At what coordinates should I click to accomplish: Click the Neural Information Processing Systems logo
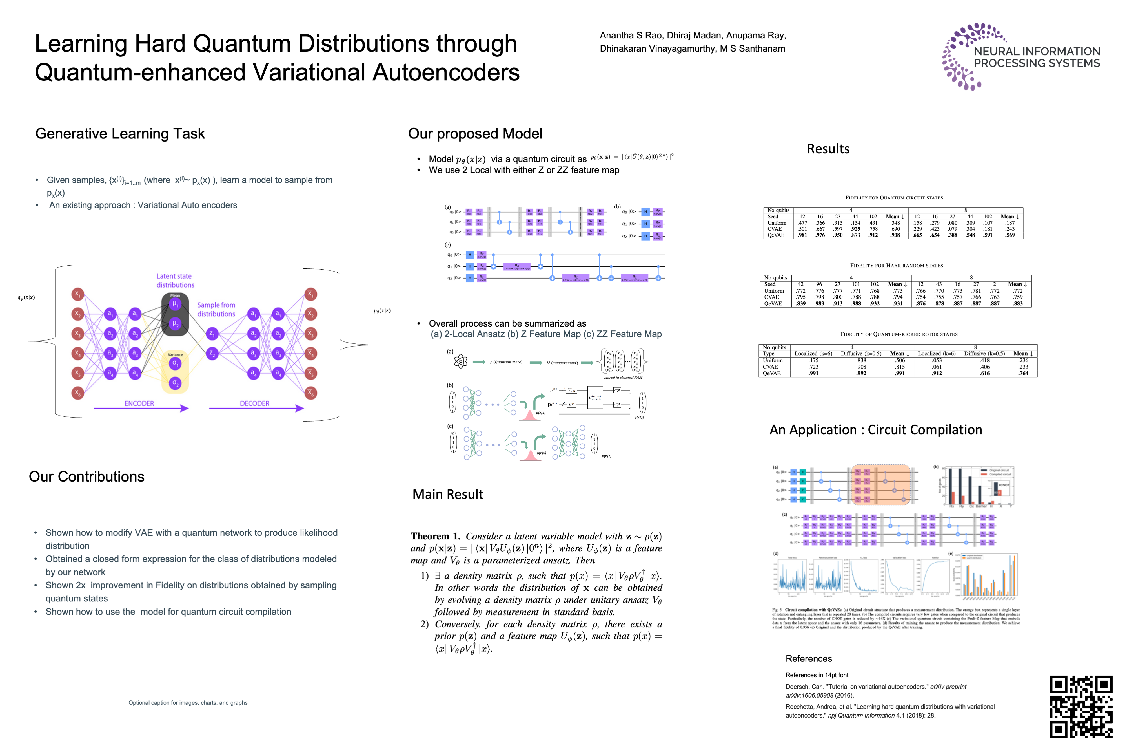coord(1020,57)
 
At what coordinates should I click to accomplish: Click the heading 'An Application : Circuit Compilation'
coord(875,430)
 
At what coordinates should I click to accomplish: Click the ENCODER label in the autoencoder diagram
coord(139,403)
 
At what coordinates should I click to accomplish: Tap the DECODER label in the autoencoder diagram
coord(254,403)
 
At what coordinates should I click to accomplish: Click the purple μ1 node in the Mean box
coord(175,304)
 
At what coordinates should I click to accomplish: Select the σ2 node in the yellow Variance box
coord(175,383)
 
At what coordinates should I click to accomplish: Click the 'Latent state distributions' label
coord(174,281)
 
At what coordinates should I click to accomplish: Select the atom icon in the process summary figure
coord(460,361)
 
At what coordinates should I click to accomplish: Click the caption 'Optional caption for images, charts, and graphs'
coord(188,703)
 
